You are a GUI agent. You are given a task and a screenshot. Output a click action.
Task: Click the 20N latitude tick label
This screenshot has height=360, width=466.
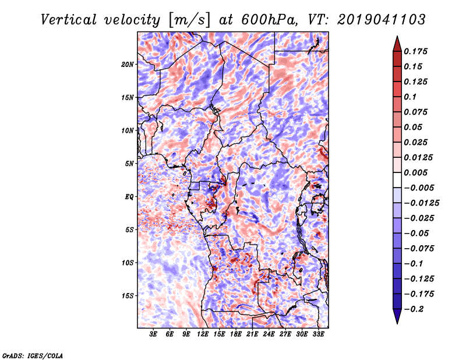coord(128,64)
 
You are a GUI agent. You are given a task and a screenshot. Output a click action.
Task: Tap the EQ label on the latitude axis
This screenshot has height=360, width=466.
coord(129,197)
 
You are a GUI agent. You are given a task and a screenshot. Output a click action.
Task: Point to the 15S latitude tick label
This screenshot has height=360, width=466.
coord(128,296)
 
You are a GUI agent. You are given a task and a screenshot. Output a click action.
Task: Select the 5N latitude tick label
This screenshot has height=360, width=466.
coord(129,164)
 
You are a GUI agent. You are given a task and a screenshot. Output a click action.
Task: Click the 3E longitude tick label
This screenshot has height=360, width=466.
coord(153,334)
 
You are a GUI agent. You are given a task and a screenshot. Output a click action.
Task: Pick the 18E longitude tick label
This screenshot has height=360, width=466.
coord(236,334)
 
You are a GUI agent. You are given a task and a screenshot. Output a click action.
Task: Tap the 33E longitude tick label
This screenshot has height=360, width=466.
coord(318,334)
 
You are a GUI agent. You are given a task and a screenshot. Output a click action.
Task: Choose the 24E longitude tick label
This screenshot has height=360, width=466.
coord(269,334)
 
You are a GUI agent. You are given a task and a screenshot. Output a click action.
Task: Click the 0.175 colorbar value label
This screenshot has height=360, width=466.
coord(415,51)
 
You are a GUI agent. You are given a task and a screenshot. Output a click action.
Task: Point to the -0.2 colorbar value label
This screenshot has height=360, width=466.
coord(414,309)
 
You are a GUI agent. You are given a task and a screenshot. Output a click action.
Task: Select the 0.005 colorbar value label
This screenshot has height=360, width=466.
coord(415,172)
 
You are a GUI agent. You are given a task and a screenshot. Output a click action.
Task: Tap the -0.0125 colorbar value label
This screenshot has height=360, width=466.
coord(421,203)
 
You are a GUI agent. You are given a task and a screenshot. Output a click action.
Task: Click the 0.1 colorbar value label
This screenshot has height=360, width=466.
coord(410,97)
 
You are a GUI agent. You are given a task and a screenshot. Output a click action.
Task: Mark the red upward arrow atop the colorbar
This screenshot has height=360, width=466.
coord(397,44)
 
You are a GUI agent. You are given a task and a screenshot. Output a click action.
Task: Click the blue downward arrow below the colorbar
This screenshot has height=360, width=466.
coord(397,316)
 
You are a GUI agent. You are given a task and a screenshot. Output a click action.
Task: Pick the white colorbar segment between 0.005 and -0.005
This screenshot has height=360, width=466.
coord(397,180)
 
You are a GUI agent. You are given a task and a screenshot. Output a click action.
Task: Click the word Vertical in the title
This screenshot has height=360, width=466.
coord(69,20)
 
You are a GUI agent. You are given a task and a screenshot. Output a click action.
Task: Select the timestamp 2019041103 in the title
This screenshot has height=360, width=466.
coord(382,20)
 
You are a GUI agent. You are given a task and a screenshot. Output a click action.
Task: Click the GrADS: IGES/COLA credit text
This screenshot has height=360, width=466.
coord(33,355)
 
